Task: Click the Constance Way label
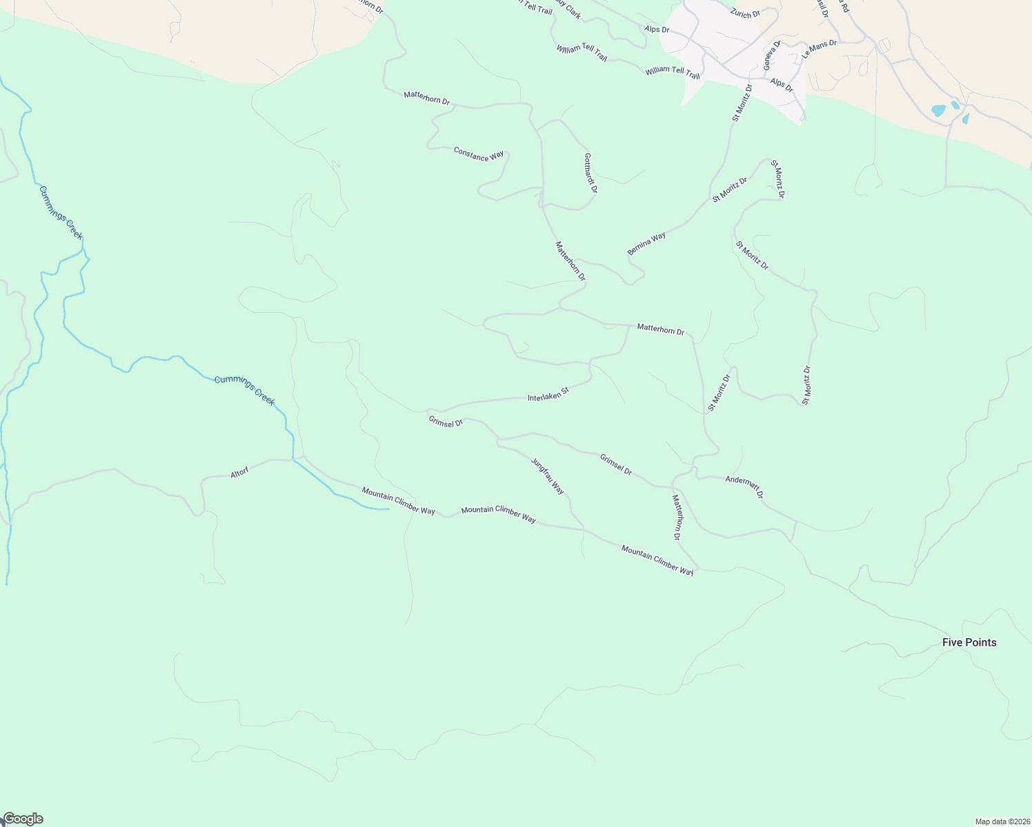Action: pos(478,154)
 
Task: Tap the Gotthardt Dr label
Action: pos(590,172)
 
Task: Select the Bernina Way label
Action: pos(646,244)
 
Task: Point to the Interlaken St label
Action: pos(548,394)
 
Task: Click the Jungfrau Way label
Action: pos(548,476)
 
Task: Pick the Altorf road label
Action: pos(239,473)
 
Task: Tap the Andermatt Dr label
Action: pos(744,487)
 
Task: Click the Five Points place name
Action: pos(969,642)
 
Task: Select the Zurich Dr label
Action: pos(745,13)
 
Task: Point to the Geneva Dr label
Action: pos(771,54)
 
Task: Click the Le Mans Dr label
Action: pos(819,48)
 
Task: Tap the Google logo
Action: pos(23,819)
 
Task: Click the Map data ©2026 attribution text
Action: pos(1001,821)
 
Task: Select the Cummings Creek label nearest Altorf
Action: pos(245,390)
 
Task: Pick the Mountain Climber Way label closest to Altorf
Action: pos(398,500)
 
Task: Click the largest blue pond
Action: pos(938,110)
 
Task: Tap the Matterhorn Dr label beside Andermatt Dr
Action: pos(677,518)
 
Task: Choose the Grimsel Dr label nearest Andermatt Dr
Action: pos(615,464)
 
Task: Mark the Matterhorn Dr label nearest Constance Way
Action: pos(426,98)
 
